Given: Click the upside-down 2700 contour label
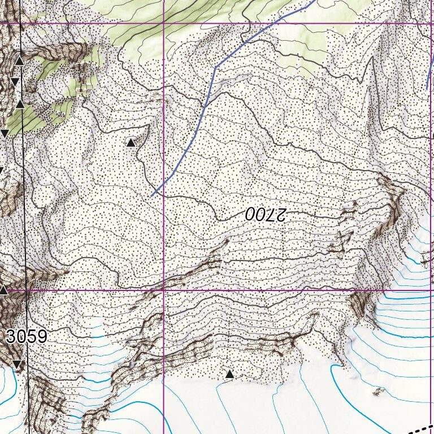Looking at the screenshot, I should (x=267, y=214).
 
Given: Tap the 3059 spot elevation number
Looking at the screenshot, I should (x=27, y=337).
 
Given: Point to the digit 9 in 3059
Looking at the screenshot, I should (x=41, y=337).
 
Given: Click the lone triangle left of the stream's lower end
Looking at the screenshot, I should (x=131, y=142).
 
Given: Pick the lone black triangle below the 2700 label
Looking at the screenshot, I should (x=229, y=374).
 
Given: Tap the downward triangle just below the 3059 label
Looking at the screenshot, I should (x=17, y=364).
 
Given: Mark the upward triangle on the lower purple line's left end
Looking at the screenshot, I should (x=3, y=290).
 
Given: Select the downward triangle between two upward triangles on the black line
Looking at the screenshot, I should (x=15, y=83).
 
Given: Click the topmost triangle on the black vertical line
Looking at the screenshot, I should (x=19, y=60).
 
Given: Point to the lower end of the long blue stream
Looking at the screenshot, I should (x=152, y=196).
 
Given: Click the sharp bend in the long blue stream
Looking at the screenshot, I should (x=215, y=67).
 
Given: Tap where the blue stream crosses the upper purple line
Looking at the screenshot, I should (x=280, y=23).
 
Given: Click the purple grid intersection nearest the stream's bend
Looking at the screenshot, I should (x=163, y=23).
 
